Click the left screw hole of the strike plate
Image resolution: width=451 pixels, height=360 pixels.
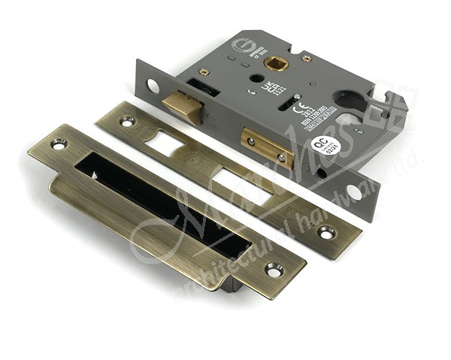tap(58, 143)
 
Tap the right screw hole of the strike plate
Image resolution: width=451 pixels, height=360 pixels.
tap(274, 268)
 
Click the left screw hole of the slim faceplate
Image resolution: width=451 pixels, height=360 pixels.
tap(126, 119)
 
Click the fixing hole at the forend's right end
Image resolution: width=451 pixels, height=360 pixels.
tap(353, 189)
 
